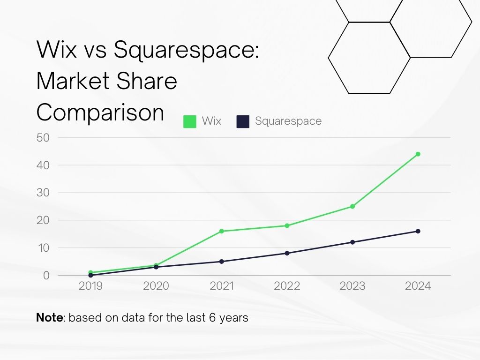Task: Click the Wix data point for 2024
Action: coord(418,154)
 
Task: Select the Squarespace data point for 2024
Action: coord(418,231)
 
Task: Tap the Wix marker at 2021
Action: coord(221,231)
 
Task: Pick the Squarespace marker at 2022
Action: coord(287,253)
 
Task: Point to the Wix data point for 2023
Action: coord(352,206)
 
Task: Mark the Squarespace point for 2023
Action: coord(352,242)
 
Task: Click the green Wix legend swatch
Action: coord(190,121)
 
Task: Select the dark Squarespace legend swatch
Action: coord(243,121)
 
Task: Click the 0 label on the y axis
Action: coord(46,276)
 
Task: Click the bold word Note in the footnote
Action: coord(49,318)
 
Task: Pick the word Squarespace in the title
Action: coord(186,50)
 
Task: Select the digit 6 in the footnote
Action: coord(206,318)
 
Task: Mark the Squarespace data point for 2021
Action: coord(221,262)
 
